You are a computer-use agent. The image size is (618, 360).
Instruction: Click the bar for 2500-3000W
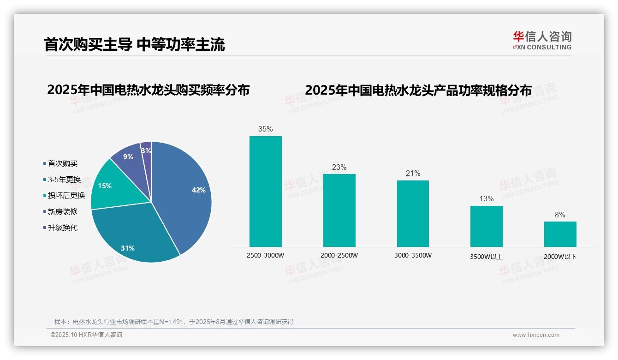point(265,192)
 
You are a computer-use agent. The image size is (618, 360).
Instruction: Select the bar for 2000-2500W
point(339,210)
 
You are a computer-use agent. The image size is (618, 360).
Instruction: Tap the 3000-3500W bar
point(413,214)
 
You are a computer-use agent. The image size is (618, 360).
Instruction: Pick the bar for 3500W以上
point(486,226)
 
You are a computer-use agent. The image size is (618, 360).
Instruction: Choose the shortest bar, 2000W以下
point(560,234)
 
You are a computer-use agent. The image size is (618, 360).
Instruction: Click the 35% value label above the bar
point(265,129)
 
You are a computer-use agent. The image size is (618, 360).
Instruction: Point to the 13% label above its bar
point(486,199)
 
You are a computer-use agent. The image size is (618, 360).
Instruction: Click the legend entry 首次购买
point(63,163)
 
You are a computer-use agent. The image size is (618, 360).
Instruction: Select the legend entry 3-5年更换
point(64,180)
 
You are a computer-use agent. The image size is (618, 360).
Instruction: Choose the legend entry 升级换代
point(63,228)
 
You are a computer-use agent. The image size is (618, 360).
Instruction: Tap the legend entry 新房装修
point(63,211)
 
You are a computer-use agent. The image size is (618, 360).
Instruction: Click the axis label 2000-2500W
point(339,255)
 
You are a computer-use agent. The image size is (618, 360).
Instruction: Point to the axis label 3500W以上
point(486,257)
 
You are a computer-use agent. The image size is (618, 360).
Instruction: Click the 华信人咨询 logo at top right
point(542,40)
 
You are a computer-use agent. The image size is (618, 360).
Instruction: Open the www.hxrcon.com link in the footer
point(536,335)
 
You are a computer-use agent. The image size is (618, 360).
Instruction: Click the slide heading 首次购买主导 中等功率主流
point(134,45)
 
